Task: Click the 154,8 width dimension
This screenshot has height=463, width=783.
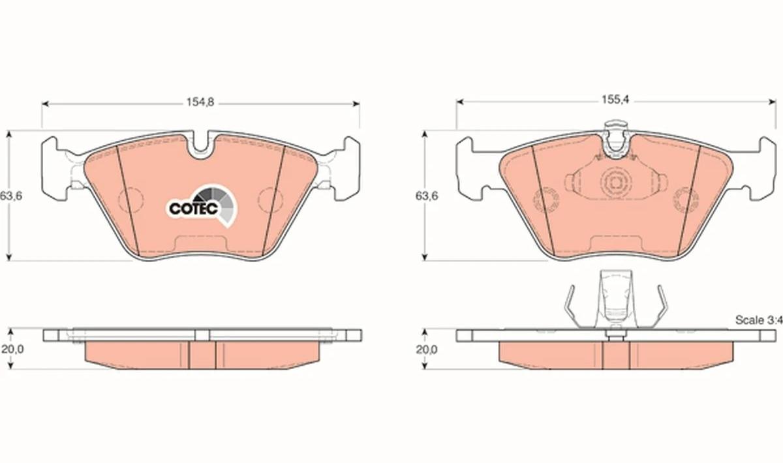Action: [x=200, y=102]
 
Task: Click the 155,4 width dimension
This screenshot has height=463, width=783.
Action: [x=615, y=100]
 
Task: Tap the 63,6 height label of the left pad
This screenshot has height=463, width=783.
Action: [x=11, y=196]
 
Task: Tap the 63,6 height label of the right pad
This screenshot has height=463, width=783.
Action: [x=427, y=196]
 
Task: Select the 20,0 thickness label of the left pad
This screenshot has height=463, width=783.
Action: [x=12, y=349]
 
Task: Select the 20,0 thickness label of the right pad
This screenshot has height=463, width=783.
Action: [x=427, y=350]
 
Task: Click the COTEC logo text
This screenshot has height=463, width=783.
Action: [x=194, y=209]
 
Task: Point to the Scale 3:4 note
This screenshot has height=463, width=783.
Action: [x=759, y=320]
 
